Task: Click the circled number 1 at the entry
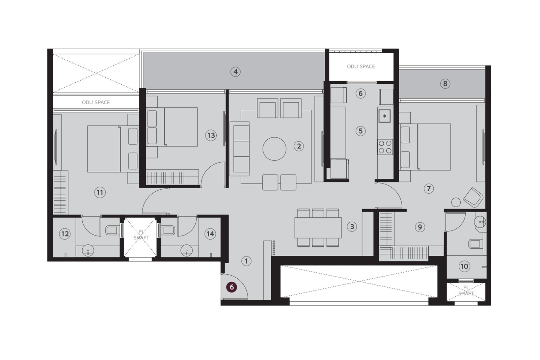coord(246,261)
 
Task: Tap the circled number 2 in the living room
coord(298,146)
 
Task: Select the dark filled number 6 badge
coord(232,287)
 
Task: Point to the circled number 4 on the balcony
coord(236,72)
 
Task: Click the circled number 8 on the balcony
coord(445,84)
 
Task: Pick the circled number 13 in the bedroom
coord(211,135)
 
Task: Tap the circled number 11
coord(100,193)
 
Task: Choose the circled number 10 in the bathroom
coord(464,266)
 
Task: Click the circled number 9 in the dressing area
coord(420,227)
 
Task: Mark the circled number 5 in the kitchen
coord(360,131)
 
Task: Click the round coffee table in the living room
coord(274,149)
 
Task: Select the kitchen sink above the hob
coord(384,116)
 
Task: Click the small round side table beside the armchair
coord(456,202)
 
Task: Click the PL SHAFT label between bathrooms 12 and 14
coord(141,235)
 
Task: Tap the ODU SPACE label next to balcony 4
coord(361,66)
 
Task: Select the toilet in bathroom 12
coord(112,230)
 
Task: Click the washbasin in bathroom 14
coord(186,250)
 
